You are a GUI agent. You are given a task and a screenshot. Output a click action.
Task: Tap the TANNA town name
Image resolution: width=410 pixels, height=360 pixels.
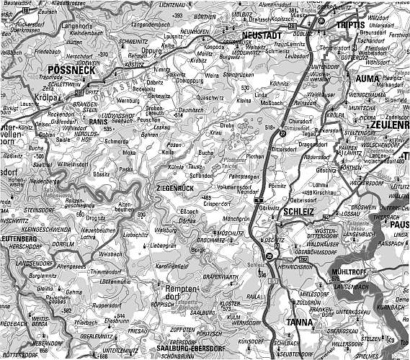300,323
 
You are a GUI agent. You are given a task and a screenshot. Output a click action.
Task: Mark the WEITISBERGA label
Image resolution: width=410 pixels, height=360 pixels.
40,321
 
